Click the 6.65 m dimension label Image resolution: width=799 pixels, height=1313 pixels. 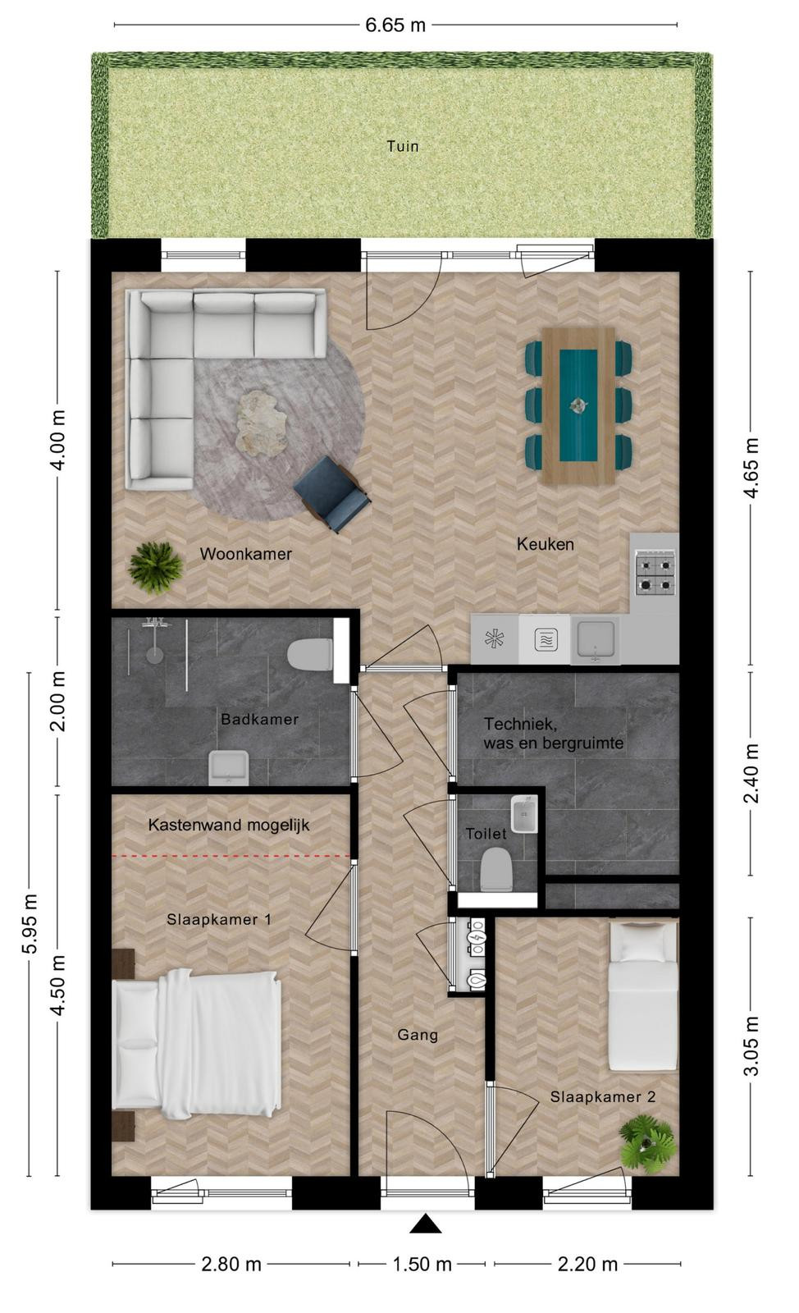click(395, 25)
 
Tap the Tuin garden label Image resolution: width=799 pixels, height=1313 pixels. click(403, 146)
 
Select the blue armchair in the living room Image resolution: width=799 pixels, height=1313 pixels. click(332, 494)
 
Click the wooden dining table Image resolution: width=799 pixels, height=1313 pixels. click(578, 405)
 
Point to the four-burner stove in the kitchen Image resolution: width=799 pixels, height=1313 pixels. click(655, 572)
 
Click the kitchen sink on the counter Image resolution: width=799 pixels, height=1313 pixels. click(596, 639)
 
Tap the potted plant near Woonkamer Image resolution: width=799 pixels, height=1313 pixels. click(155, 567)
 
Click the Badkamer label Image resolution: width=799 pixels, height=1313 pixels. click(259, 719)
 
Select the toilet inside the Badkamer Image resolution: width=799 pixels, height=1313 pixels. click(310, 653)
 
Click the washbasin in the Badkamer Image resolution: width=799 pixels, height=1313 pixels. click(229, 768)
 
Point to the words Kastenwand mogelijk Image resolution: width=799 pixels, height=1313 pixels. click(228, 826)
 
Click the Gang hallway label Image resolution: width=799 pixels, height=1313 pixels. click(418, 1035)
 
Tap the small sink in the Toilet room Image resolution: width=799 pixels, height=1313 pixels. click(523, 813)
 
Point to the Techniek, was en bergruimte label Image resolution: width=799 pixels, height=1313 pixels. click(553, 734)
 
